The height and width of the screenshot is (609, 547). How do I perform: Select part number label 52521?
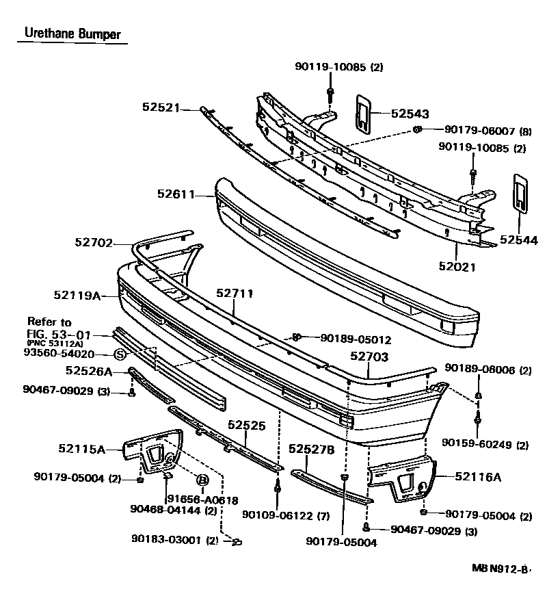(161, 107)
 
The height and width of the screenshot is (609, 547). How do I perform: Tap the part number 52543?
(410, 114)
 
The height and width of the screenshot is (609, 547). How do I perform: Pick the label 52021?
(457, 268)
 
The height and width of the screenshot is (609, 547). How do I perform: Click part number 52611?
(175, 194)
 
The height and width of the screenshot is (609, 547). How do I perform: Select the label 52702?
(94, 242)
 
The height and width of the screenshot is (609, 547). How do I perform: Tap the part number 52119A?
(77, 296)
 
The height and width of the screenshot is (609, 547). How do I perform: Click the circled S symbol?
(120, 354)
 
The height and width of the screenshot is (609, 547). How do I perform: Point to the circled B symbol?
(202, 480)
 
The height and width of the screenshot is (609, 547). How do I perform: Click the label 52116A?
(478, 476)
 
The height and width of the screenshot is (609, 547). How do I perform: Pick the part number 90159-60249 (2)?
(485, 445)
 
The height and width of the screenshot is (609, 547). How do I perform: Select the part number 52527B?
(311, 449)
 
